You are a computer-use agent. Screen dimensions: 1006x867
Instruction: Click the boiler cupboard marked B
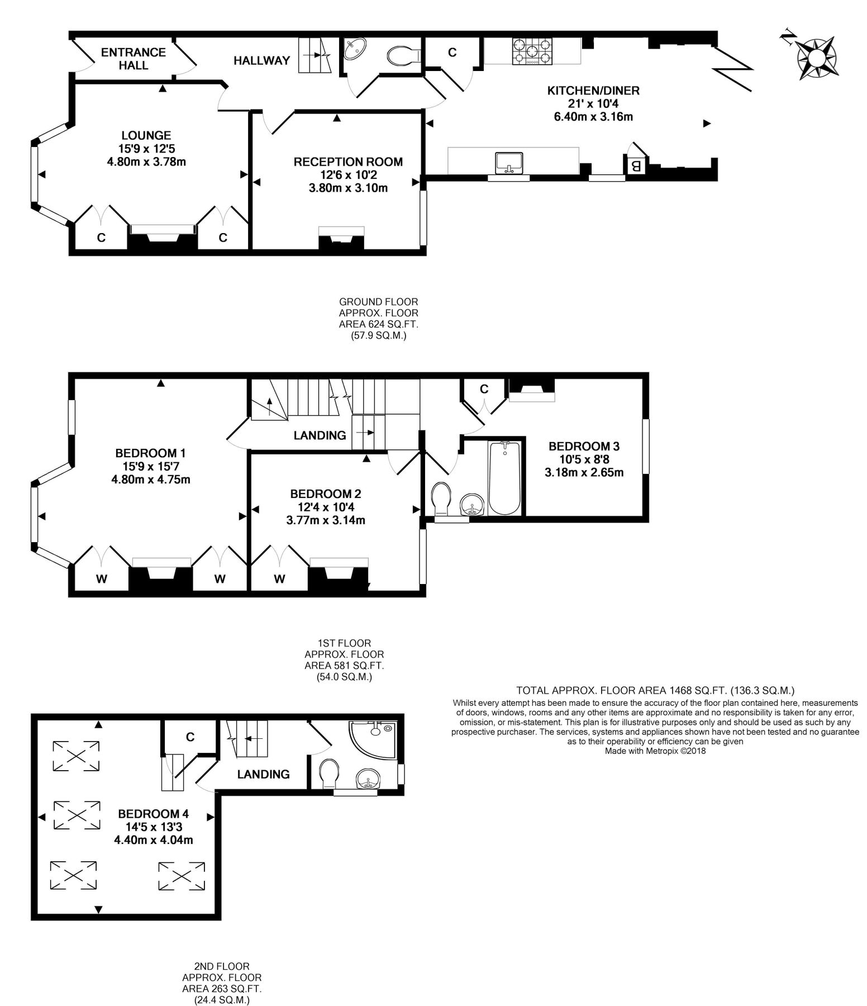635,166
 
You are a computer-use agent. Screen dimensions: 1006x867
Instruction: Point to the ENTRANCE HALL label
134,59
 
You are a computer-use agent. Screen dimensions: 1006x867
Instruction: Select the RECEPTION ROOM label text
348,162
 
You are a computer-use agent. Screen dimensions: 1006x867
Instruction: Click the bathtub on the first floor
504,478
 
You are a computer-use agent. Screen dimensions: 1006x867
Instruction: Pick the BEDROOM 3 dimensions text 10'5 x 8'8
584,459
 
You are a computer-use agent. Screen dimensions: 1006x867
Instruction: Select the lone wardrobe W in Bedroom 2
279,579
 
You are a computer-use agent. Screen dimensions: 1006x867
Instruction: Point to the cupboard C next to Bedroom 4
190,737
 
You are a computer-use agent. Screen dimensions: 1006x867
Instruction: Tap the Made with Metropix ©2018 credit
655,751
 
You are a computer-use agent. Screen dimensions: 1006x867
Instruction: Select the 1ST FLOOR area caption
344,659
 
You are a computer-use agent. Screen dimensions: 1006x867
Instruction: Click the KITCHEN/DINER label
593,91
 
